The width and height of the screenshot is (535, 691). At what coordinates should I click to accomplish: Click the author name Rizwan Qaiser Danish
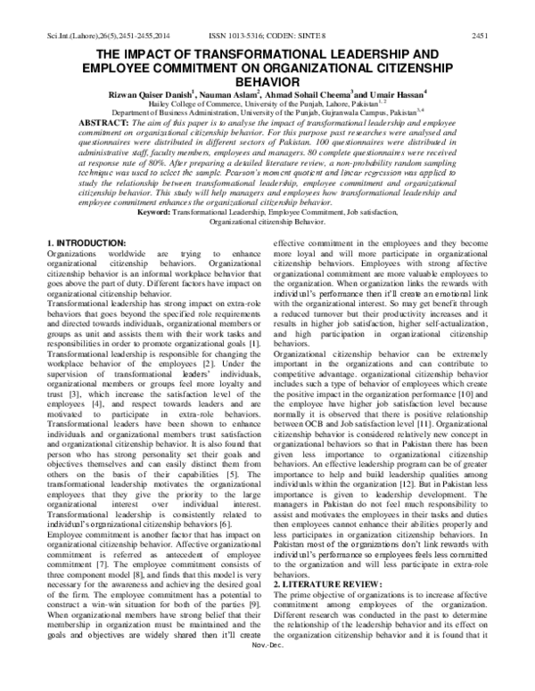tap(147, 91)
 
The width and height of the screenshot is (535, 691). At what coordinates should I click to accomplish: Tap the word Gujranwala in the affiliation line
tap(336, 113)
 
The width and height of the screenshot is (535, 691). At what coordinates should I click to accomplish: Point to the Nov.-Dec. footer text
tap(267, 684)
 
